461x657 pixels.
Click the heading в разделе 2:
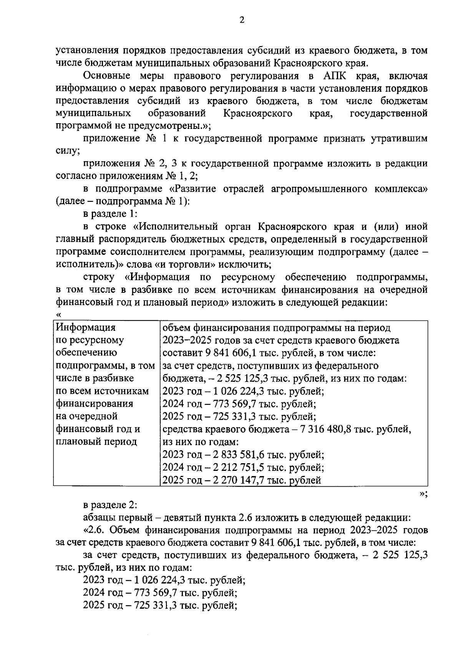tap(110, 505)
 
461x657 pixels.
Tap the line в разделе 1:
tap(110, 214)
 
